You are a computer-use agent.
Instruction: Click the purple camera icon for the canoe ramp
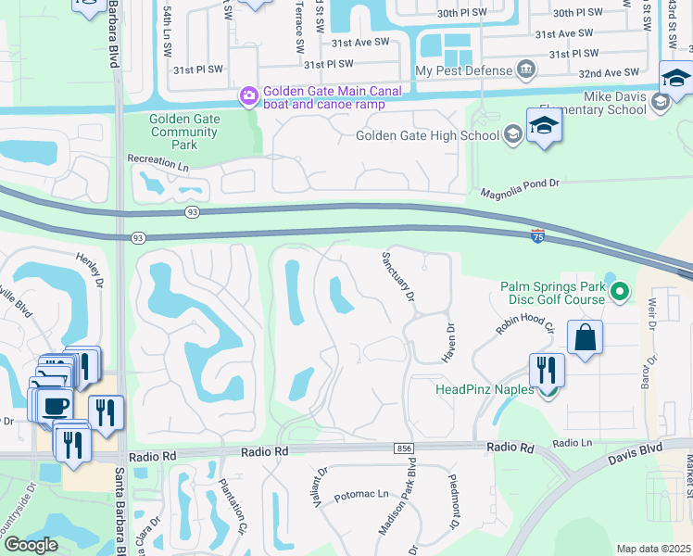coord(248,95)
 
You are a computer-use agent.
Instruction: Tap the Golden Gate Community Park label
coord(184,132)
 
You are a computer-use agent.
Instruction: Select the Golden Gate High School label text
coord(427,136)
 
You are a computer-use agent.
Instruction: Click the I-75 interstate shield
coord(537,235)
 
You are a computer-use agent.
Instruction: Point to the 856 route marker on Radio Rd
coord(402,448)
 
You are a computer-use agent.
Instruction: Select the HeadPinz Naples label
coord(485,389)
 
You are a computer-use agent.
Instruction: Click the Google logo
coord(31,544)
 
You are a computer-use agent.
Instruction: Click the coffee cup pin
coord(54,405)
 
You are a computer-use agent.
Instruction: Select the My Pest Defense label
coord(463,70)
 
